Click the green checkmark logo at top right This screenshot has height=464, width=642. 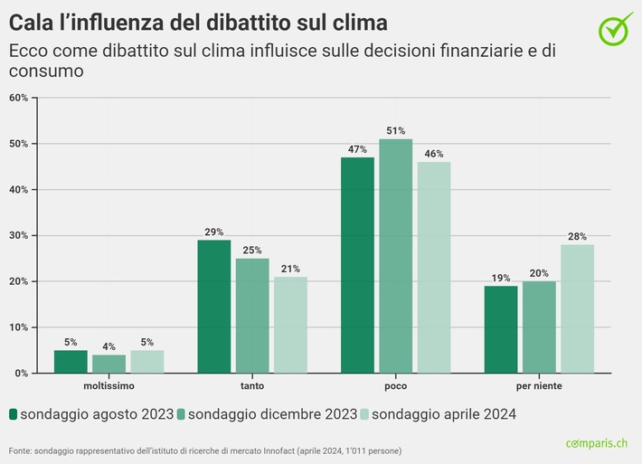(x=616, y=28)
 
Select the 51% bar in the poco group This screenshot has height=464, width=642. (x=395, y=256)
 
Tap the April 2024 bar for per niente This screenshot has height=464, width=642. (x=577, y=308)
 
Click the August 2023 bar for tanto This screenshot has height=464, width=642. (x=214, y=306)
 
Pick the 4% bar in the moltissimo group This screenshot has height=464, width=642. (x=109, y=364)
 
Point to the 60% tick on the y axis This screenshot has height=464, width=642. (x=19, y=98)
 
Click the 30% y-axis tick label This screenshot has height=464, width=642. (x=19, y=236)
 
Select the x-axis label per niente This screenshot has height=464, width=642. (x=539, y=386)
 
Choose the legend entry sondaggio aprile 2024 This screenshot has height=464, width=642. (x=443, y=414)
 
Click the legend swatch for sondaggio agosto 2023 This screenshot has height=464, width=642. (x=14, y=414)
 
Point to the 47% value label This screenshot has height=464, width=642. (x=357, y=149)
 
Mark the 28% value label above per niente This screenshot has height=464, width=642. (x=577, y=236)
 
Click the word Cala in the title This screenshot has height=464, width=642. (x=33, y=22)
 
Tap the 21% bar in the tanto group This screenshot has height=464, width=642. (x=290, y=325)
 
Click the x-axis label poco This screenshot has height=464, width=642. (x=395, y=386)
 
